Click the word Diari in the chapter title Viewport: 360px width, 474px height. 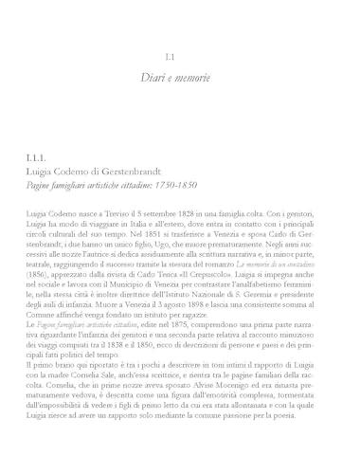pyautogui.click(x=154, y=75)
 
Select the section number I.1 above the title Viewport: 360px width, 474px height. pyautogui.click(x=180, y=57)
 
